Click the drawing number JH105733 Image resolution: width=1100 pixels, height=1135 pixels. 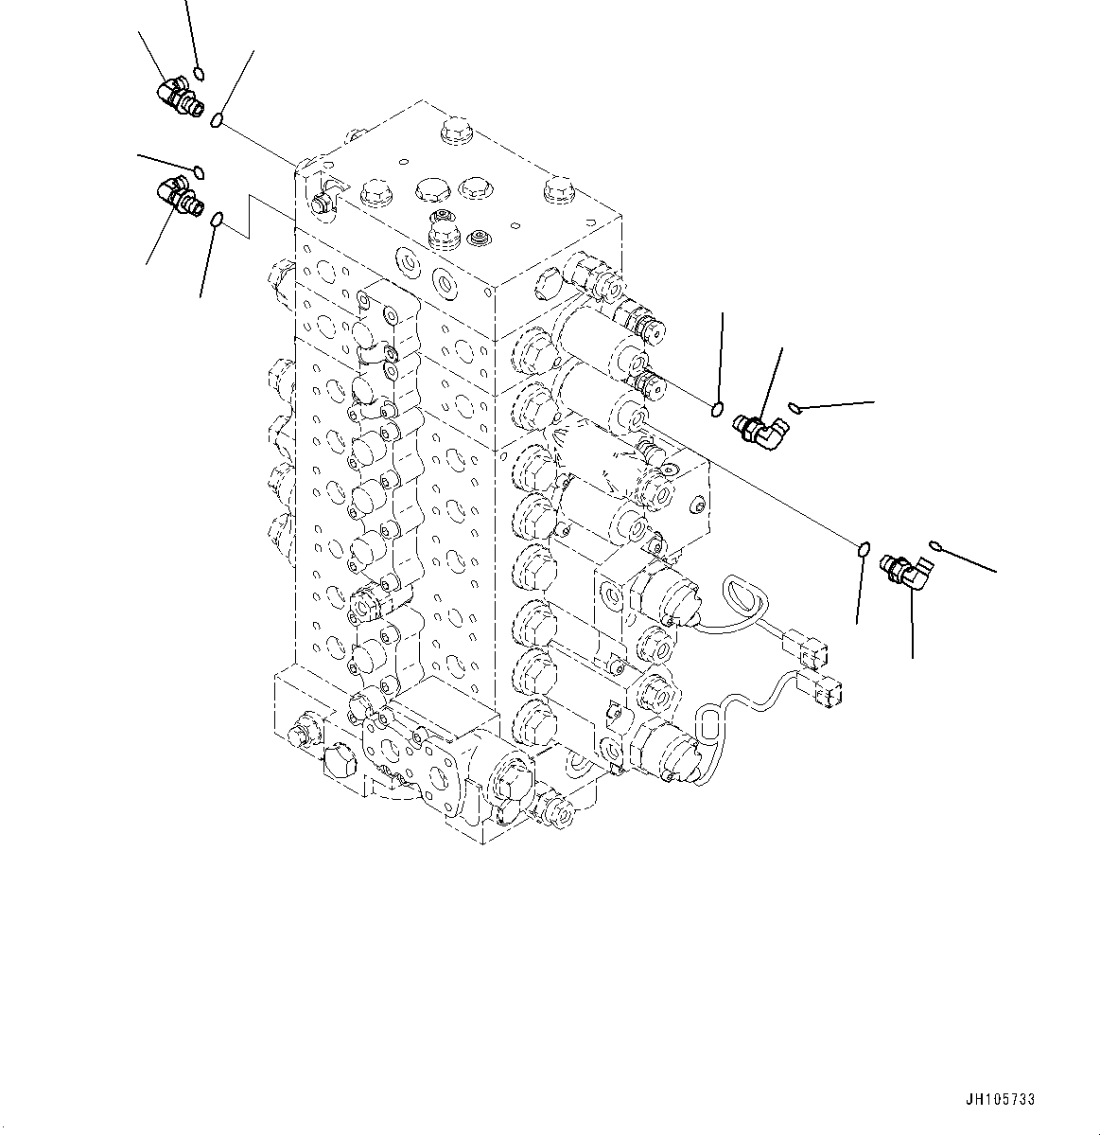click(x=1001, y=1100)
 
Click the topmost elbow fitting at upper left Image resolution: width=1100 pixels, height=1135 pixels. click(x=178, y=98)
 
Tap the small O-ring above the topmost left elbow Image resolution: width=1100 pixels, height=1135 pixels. click(x=199, y=74)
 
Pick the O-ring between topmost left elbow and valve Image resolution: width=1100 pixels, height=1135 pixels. click(x=218, y=120)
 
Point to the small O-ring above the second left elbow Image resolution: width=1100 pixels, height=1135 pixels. click(x=199, y=170)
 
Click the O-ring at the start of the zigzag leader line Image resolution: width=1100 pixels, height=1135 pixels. click(x=217, y=221)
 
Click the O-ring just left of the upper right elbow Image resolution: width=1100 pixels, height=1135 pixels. click(x=718, y=409)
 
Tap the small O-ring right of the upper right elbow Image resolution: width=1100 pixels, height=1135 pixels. click(x=794, y=408)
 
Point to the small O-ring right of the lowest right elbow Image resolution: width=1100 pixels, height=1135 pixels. click(x=936, y=545)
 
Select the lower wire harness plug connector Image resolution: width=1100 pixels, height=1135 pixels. click(x=819, y=693)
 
